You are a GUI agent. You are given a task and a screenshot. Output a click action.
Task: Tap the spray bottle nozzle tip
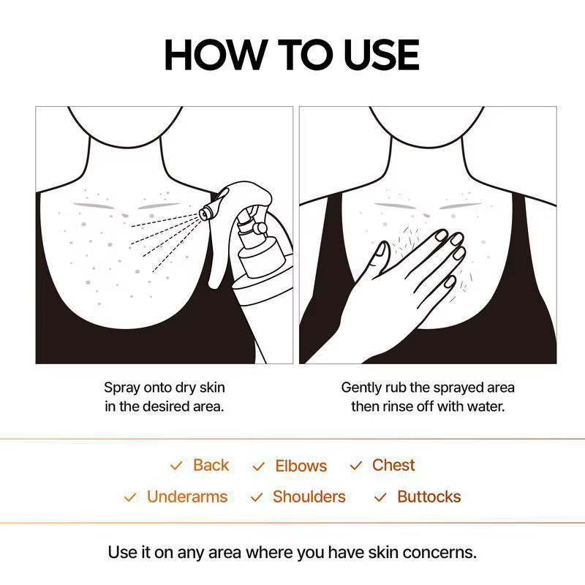pos(205,212)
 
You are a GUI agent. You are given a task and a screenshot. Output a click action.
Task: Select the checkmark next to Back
pos(176,466)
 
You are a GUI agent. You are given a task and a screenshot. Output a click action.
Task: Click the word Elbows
pos(301,466)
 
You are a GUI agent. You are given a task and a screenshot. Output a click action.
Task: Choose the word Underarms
pos(186,497)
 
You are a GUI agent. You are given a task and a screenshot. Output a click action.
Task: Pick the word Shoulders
pos(309,497)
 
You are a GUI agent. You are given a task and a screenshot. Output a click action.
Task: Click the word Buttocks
pos(429,497)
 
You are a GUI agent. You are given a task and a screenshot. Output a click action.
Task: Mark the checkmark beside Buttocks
pos(380,497)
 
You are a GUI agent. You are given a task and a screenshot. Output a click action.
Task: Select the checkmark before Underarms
pos(130,497)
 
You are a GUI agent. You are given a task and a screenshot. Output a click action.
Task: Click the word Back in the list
pos(211,465)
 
